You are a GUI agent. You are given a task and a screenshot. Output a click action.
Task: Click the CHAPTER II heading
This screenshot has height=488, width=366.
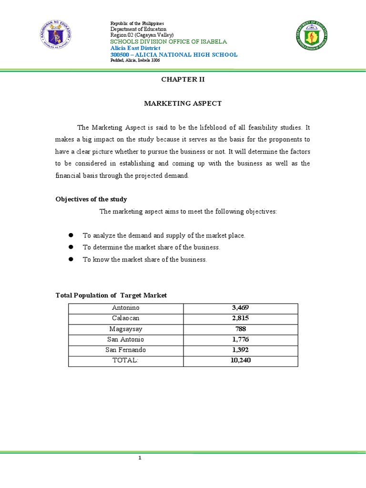183,80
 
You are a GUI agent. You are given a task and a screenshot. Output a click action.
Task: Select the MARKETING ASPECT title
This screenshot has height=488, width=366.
183,103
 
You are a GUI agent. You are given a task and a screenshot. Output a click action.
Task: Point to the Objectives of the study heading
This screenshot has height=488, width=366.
91,199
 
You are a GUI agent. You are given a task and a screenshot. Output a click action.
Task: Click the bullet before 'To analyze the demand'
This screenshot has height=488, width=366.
71,235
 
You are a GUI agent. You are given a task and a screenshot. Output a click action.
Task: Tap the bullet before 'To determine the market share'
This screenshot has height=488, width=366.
71,247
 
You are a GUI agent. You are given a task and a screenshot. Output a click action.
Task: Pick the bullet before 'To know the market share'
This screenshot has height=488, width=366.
71,259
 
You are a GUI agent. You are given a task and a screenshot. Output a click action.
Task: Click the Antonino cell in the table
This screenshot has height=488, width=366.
125,308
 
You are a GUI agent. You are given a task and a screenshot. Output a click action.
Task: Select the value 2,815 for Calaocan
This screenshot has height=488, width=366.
240,318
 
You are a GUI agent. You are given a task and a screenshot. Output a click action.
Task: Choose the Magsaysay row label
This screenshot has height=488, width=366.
125,329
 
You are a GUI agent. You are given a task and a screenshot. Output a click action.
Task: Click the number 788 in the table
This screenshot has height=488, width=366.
240,329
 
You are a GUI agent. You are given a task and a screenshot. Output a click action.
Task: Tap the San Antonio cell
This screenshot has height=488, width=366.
125,340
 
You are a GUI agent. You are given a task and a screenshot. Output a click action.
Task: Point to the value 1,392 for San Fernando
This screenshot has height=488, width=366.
240,350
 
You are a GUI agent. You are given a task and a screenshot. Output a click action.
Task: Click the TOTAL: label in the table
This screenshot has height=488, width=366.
125,361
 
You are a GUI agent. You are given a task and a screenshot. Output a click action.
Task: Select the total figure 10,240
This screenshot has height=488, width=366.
240,361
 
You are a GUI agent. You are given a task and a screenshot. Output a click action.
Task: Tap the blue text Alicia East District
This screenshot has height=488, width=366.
135,48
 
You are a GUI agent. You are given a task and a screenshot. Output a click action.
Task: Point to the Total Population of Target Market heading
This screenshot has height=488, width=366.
112,295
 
